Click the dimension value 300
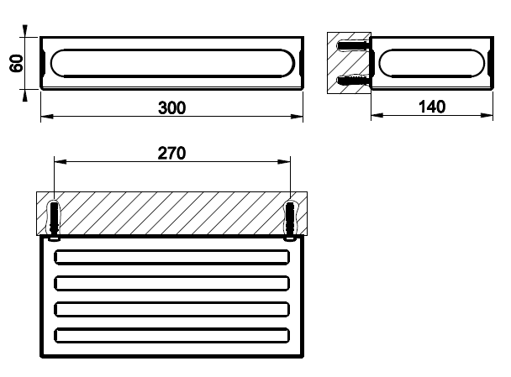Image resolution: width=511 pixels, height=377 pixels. click(x=171, y=107)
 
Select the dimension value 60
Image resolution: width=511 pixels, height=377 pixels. click(x=16, y=63)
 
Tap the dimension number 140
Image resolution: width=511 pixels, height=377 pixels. click(x=432, y=107)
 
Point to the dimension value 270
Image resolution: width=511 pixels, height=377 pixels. click(x=171, y=153)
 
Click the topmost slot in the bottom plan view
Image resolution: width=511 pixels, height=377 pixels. click(x=171, y=257)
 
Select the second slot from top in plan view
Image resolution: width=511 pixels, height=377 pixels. click(x=171, y=283)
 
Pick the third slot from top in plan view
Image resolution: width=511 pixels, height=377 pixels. click(x=171, y=309)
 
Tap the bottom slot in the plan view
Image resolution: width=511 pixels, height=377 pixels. click(x=171, y=335)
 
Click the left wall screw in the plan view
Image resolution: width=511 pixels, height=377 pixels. click(x=54, y=221)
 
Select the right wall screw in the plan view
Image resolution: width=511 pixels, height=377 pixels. click(x=290, y=221)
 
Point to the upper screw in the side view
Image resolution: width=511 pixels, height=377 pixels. click(x=354, y=45)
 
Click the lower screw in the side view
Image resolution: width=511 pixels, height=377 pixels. click(x=354, y=80)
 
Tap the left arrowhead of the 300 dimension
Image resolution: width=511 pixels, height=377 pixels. click(x=46, y=116)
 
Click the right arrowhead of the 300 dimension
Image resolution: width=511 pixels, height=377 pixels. click(x=297, y=116)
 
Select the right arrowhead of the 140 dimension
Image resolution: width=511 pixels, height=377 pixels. click(x=487, y=115)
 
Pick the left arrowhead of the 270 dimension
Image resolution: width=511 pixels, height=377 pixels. click(x=61, y=161)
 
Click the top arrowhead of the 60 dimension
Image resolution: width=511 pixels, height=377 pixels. click(x=24, y=31)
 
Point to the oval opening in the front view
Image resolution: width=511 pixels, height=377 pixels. click(x=173, y=63)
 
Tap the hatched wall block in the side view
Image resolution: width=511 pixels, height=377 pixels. click(x=349, y=63)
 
